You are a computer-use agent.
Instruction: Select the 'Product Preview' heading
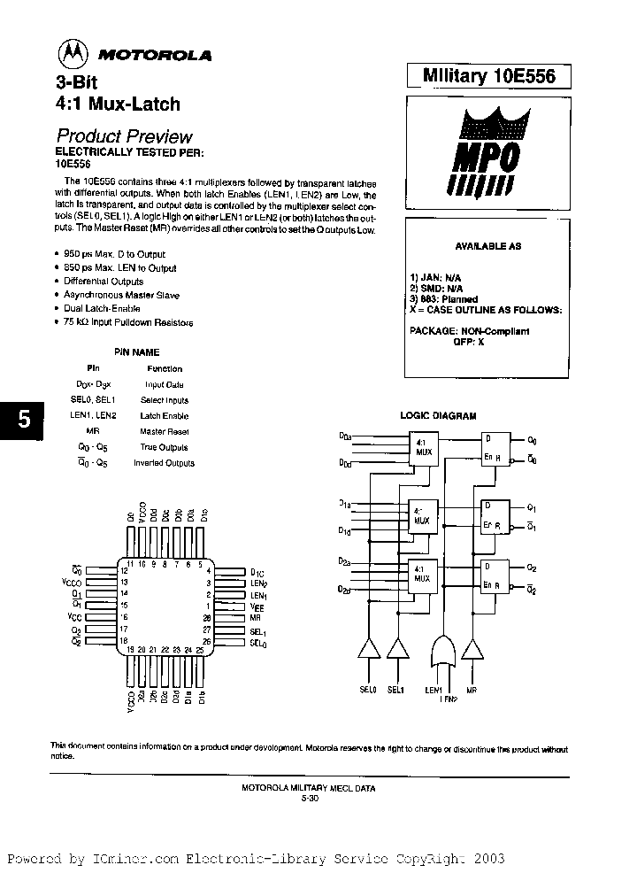pos(124,136)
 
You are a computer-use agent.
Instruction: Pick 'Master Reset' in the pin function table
pos(165,431)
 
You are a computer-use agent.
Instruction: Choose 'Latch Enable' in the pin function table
pos(165,415)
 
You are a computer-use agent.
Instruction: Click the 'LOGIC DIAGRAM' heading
pos(438,415)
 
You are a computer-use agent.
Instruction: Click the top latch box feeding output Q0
pos(495,447)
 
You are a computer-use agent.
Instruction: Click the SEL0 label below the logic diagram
pos(367,690)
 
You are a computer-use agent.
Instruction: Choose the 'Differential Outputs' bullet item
pos(104,281)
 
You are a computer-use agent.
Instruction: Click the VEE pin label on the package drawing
pos(257,608)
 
